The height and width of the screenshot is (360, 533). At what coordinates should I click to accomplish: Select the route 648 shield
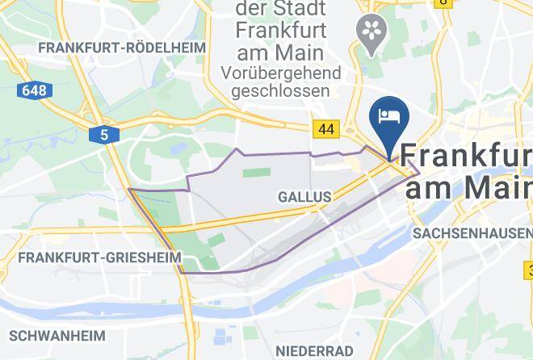coord(34,90)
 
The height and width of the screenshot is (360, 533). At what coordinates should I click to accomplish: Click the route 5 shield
coord(104,136)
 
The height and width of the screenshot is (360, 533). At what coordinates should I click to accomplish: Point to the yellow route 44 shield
coord(326,129)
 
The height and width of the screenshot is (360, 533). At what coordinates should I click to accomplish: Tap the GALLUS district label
coord(304,197)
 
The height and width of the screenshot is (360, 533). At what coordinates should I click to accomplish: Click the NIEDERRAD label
coord(314,350)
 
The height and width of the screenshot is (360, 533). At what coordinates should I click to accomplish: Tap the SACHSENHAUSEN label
coord(472,232)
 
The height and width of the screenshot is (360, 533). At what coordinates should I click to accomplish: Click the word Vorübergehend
coord(279,73)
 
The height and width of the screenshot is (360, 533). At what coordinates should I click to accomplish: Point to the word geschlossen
coord(280,90)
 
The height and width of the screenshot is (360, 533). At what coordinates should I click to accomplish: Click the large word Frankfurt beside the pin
coord(466,156)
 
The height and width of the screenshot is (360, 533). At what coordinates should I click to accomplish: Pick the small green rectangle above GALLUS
coord(256,173)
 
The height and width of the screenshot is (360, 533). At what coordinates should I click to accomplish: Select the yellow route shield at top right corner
coord(443,2)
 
